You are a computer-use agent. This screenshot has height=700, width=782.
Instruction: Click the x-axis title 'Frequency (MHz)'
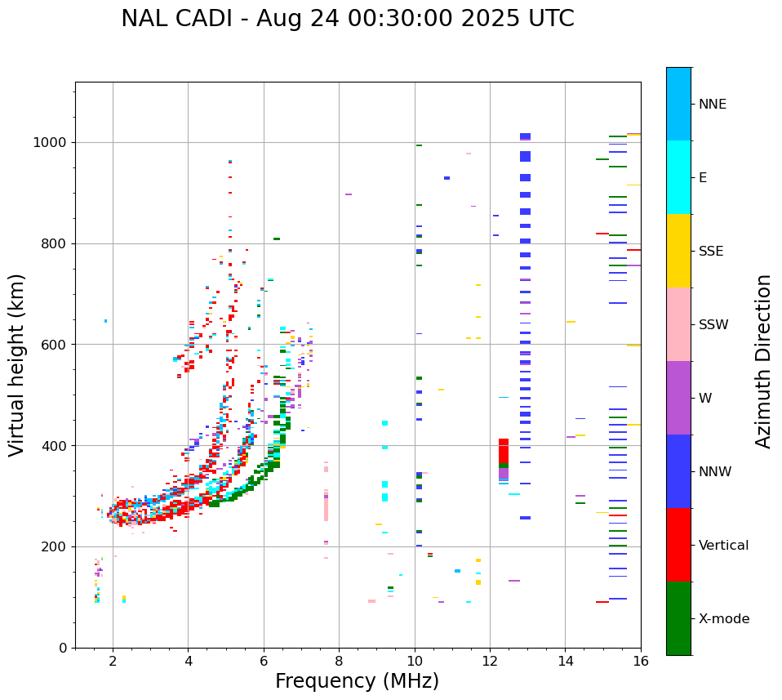coord(357,681)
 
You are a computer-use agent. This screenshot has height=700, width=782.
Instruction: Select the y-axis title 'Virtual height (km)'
coord(17,364)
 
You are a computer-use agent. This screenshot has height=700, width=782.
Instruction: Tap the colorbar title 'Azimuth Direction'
coord(763,361)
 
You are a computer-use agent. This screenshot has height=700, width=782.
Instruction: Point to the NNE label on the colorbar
coord(712,105)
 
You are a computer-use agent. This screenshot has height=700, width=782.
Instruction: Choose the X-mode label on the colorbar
coord(723,619)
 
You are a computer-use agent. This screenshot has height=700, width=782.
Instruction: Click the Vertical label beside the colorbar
coord(723,546)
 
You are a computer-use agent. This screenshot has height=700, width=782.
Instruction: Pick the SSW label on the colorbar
coord(713,325)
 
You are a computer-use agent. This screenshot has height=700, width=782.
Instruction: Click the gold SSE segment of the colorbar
coord(678,251)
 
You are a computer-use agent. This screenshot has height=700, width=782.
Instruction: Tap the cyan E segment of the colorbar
coord(678,177)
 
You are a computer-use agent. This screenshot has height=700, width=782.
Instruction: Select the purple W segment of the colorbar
coord(678,398)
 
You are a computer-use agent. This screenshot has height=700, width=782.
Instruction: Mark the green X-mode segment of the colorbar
coord(678,618)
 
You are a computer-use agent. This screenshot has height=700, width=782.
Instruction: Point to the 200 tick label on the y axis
coord(55,547)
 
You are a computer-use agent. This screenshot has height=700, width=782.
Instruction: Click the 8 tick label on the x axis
coord(339,660)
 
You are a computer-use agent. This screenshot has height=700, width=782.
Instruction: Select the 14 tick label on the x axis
coord(565,660)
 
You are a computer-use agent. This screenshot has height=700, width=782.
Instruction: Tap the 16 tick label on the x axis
coord(641,660)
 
